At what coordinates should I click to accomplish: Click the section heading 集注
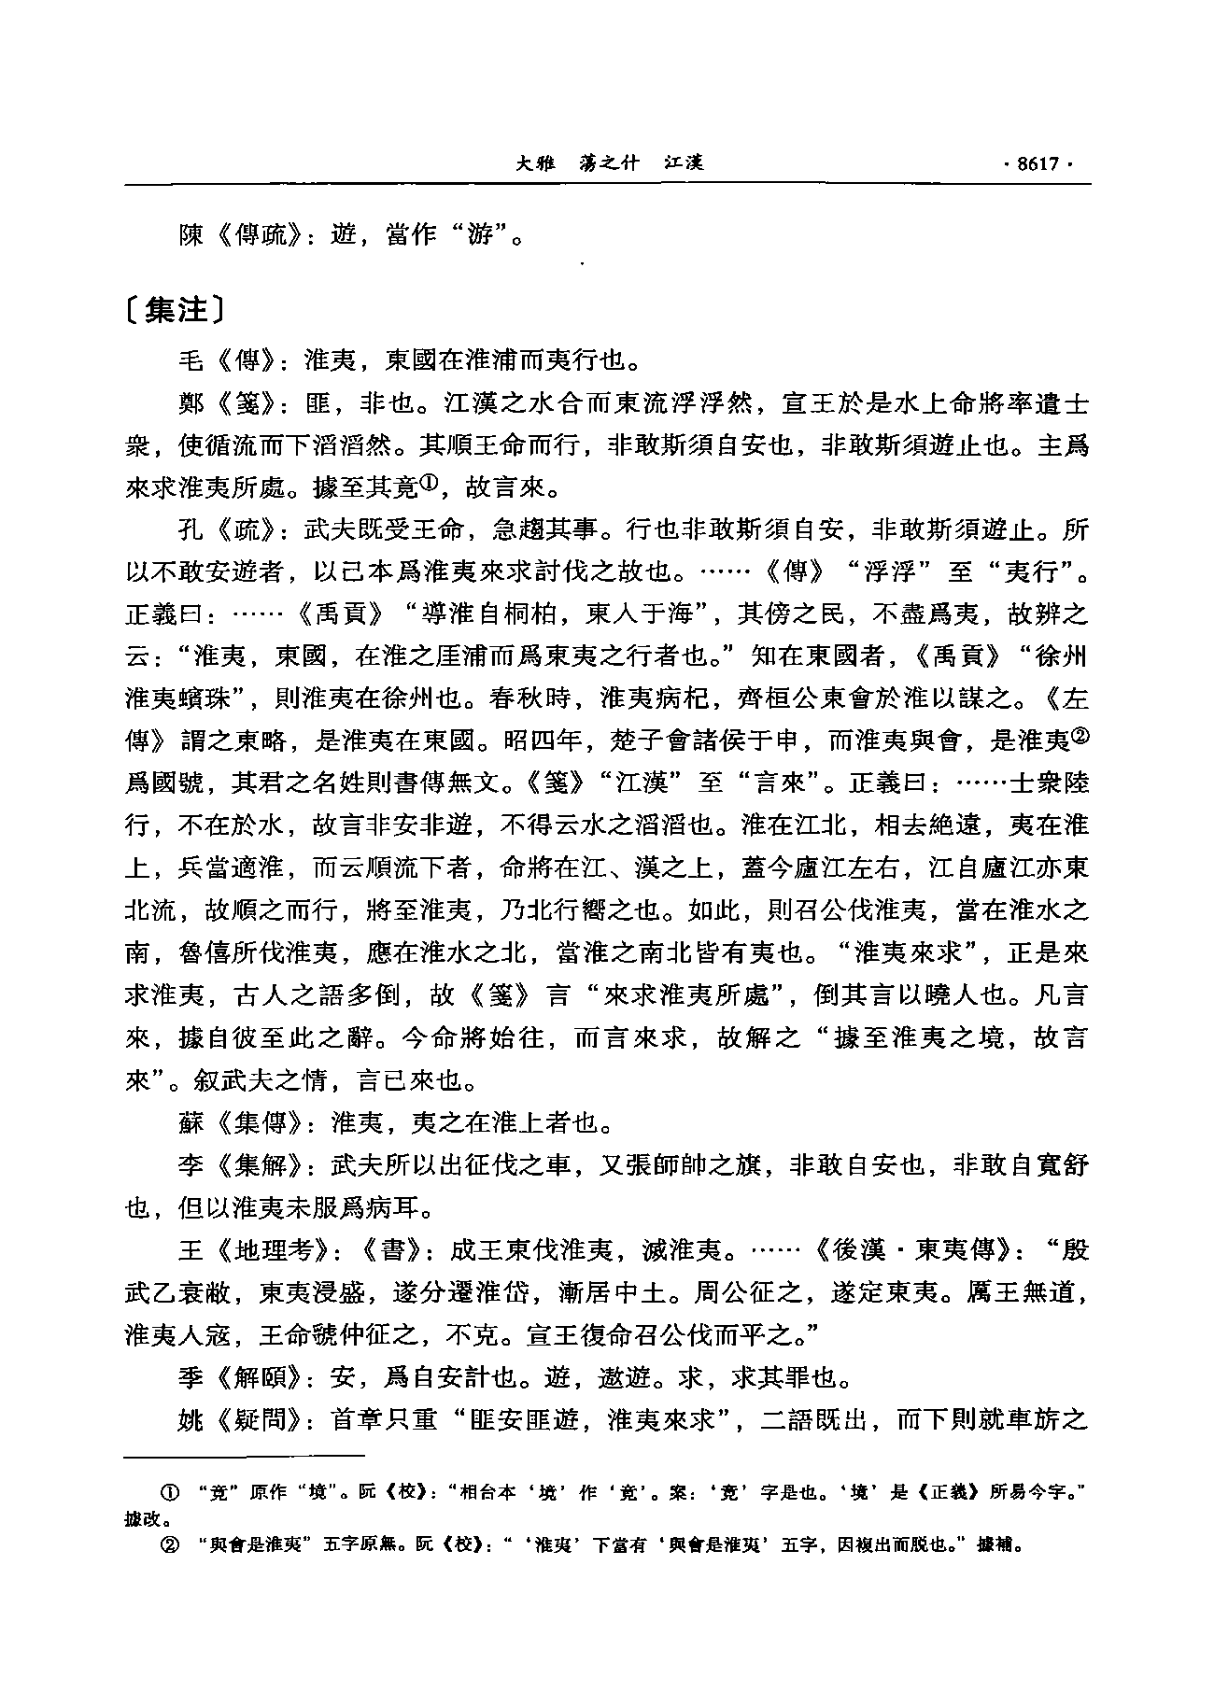tap(175, 310)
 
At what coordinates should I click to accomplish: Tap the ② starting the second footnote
tap(172, 1543)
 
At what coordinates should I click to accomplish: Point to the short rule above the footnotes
tap(244, 1455)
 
